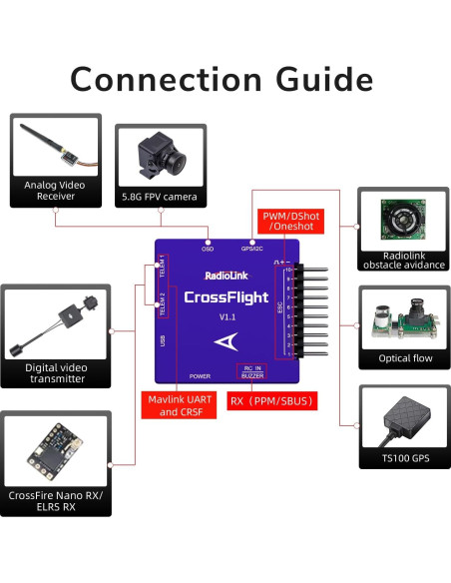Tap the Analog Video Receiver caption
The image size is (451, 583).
[56, 191]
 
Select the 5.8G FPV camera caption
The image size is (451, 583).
[161, 198]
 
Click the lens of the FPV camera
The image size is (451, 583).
[171, 157]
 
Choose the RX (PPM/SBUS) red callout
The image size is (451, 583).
[272, 401]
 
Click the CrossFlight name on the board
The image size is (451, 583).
[224, 296]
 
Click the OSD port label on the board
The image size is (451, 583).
[208, 248]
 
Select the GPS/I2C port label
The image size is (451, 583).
[252, 248]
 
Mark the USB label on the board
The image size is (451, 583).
[163, 340]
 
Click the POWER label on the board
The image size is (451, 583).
[200, 376]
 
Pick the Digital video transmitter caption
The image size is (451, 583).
[56, 373]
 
